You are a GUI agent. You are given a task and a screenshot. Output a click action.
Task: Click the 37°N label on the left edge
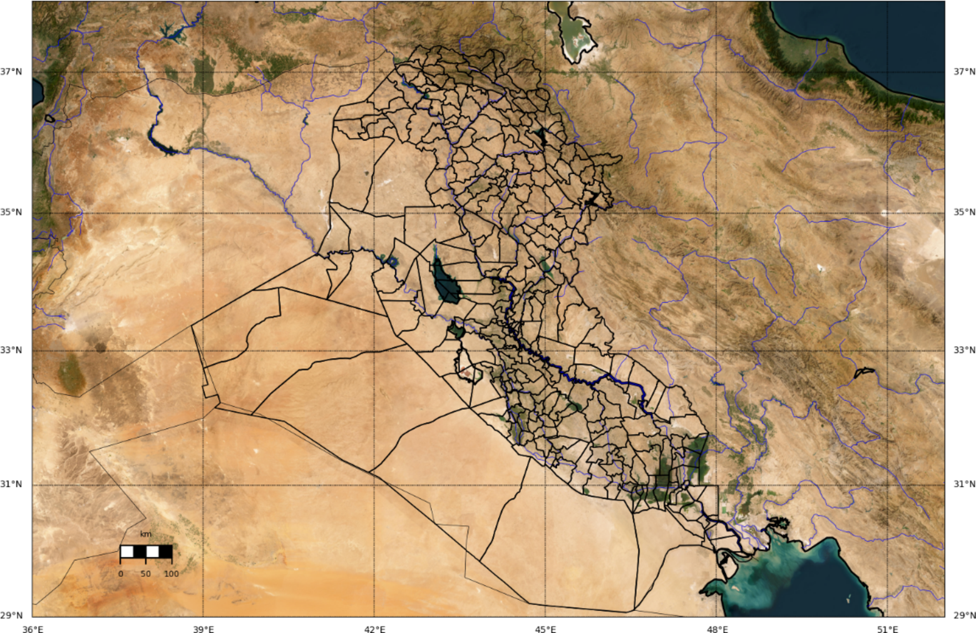coord(11,71)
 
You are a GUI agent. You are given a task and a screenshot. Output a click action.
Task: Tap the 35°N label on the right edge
coord(964,212)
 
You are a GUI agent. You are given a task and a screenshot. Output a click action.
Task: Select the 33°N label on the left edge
coord(11,350)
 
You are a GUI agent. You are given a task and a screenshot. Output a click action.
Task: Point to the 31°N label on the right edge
coord(964,484)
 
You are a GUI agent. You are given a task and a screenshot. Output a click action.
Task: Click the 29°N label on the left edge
coord(11,615)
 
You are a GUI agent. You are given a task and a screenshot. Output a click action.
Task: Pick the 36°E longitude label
coord(33,629)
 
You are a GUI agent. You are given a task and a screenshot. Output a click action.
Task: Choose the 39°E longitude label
coord(203,629)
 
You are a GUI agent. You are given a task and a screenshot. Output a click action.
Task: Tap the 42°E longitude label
coord(374,629)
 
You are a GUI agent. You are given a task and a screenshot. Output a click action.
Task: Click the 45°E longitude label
coord(545,629)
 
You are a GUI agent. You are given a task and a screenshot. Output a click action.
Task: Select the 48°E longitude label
coord(717,629)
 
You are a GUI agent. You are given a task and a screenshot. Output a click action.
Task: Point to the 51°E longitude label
coord(888,629)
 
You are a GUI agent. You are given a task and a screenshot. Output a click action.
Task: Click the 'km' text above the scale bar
coord(146,534)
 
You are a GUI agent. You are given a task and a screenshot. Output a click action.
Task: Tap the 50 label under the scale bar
coord(146,574)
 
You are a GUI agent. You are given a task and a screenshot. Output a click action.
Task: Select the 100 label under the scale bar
coord(171,574)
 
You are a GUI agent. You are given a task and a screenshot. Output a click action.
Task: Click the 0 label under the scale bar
coord(121,574)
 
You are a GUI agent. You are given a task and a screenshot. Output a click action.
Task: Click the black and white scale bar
coord(146,552)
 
